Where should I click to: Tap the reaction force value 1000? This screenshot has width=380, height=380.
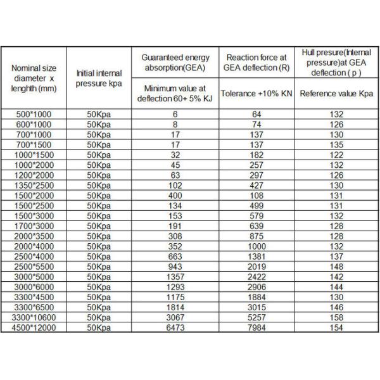click(x=256, y=246)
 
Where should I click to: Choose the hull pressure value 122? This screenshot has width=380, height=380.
click(x=336, y=155)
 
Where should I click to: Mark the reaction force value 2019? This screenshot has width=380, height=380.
click(x=256, y=266)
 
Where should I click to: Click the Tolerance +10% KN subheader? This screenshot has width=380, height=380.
click(x=256, y=93)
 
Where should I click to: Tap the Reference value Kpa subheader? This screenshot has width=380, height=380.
click(x=336, y=93)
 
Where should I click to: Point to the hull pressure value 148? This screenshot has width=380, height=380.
click(x=336, y=266)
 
